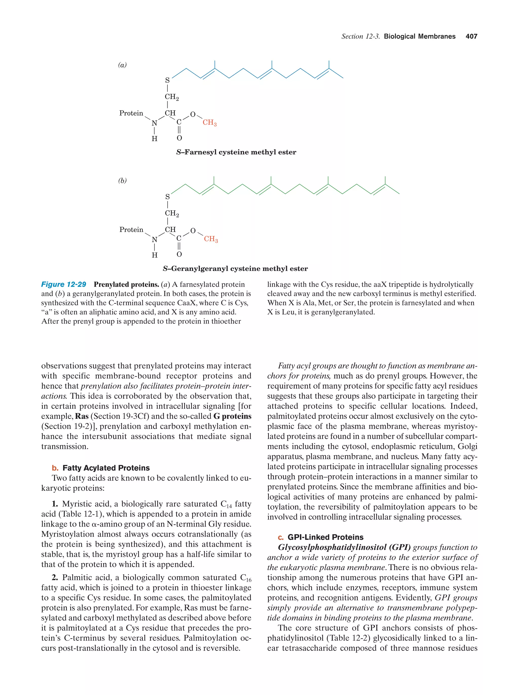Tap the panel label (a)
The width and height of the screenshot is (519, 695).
click(x=122, y=65)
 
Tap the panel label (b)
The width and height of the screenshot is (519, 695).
click(x=122, y=181)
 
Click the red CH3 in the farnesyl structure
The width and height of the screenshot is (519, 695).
click(x=209, y=122)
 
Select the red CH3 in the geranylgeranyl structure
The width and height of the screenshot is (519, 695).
click(x=211, y=239)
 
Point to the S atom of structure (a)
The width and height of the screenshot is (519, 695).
click(x=167, y=81)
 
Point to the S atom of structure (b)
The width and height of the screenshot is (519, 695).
click(x=167, y=197)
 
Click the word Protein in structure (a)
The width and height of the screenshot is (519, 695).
click(x=131, y=113)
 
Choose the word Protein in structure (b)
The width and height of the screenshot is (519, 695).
click(x=131, y=230)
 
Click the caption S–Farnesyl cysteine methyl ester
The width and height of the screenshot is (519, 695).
click(x=236, y=152)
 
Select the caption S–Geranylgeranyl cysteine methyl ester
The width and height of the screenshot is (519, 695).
click(x=235, y=269)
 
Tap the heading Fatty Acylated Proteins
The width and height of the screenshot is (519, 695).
click(x=106, y=468)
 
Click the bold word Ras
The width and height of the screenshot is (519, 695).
click(x=82, y=416)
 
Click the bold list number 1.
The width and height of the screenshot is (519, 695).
click(x=55, y=504)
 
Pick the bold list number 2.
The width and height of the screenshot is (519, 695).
click(x=55, y=578)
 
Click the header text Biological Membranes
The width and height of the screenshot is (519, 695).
click(x=419, y=37)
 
